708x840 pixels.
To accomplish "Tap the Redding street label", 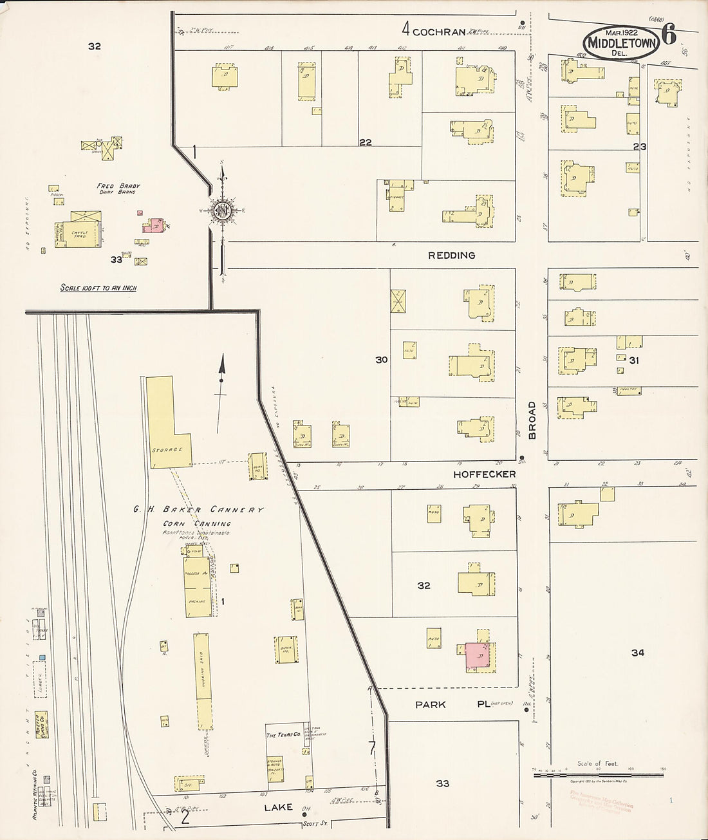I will pyautogui.click(x=451, y=256).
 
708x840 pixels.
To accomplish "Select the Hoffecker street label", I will pyautogui.click(x=484, y=474).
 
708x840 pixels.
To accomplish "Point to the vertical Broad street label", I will pyautogui.click(x=532, y=420).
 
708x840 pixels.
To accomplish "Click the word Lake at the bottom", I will pyautogui.click(x=278, y=807).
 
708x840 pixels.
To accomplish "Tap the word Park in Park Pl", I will pyautogui.click(x=431, y=705).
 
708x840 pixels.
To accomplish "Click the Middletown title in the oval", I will pyautogui.click(x=621, y=44).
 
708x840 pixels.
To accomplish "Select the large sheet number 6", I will pyautogui.click(x=669, y=35).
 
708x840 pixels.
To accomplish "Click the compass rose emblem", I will pyautogui.click(x=222, y=211).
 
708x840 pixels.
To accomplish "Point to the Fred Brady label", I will pyautogui.click(x=118, y=186).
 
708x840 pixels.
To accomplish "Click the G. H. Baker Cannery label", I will pyautogui.click(x=198, y=510).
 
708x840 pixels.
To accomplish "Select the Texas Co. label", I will pyautogui.click(x=283, y=734).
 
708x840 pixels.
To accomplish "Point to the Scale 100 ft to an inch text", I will pyautogui.click(x=98, y=288).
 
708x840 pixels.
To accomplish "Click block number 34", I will pyautogui.click(x=637, y=653).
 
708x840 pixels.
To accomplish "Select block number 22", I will pyautogui.click(x=366, y=142).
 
